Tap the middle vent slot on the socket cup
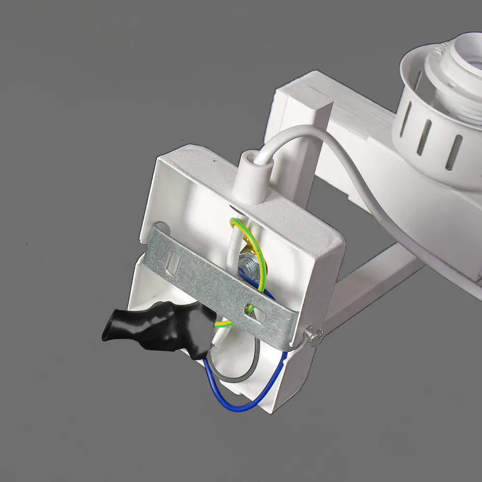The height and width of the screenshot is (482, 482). pyautogui.click(x=426, y=139)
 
